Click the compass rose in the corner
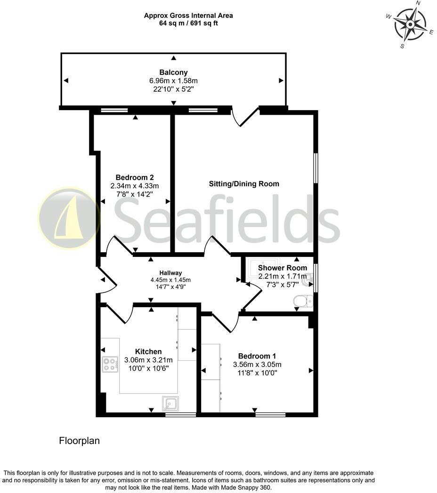point(410,24)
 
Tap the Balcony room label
point(173,72)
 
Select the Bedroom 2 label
point(135,177)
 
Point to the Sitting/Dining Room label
point(244,184)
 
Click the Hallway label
point(170,273)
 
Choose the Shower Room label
point(283,268)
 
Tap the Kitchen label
point(148,351)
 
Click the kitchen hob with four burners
point(110,364)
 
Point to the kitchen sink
point(170,404)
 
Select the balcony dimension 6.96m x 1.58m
point(173,81)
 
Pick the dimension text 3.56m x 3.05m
point(257,364)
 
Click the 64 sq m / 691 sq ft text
point(188,23)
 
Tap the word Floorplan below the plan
point(79,441)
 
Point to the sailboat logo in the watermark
point(69,218)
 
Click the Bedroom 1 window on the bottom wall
point(270,414)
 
